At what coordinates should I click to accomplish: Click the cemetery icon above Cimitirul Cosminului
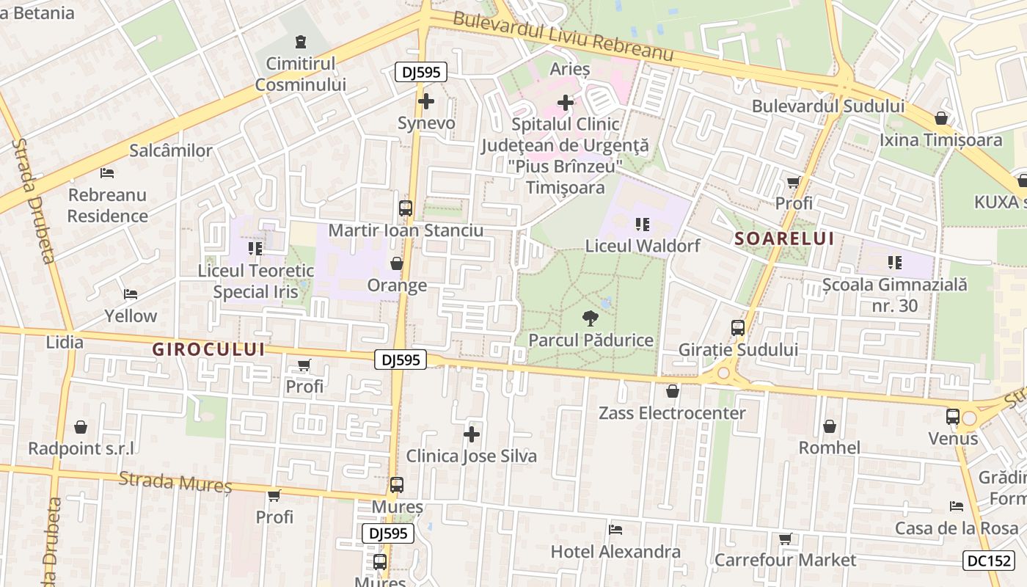pyautogui.click(x=300, y=42)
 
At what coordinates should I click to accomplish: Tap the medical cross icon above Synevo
pyautogui.click(x=425, y=101)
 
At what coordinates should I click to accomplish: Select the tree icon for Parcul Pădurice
pyautogui.click(x=589, y=318)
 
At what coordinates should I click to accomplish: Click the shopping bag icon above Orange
pyautogui.click(x=397, y=263)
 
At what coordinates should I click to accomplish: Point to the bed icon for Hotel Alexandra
pyautogui.click(x=615, y=530)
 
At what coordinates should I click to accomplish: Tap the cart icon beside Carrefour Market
pyautogui.click(x=785, y=539)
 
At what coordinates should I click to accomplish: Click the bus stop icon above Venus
pyautogui.click(x=952, y=417)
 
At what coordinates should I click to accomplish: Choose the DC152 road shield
pyautogui.click(x=989, y=561)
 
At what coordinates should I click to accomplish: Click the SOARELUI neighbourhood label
pyautogui.click(x=784, y=238)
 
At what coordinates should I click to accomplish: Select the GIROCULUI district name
pyautogui.click(x=208, y=350)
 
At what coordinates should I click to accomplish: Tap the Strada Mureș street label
pyautogui.click(x=175, y=481)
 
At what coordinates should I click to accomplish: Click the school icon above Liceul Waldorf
pyautogui.click(x=643, y=225)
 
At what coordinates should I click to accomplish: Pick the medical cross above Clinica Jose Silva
pyautogui.click(x=472, y=434)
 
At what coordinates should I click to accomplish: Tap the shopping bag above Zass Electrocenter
pyautogui.click(x=672, y=391)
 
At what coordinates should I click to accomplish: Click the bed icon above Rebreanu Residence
pyautogui.click(x=107, y=174)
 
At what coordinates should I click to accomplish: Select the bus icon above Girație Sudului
pyautogui.click(x=737, y=328)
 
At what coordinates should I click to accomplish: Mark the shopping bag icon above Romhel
pyautogui.click(x=829, y=426)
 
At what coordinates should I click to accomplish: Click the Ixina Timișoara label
pyautogui.click(x=941, y=139)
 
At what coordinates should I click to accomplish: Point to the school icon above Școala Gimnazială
pyautogui.click(x=894, y=262)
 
